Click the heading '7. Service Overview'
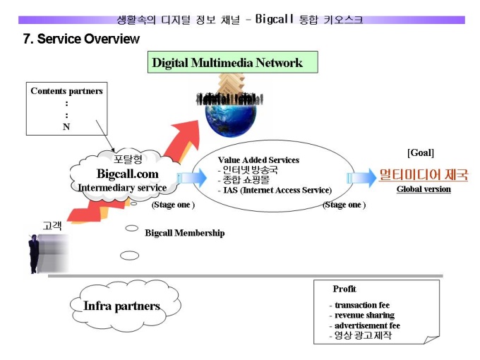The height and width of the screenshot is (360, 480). pos(82,39)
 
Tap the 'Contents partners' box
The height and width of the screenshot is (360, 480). pos(66,109)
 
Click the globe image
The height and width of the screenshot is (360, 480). pos(229,116)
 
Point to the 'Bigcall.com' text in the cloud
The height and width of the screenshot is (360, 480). pos(128,174)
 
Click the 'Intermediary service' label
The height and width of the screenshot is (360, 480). pos(122,188)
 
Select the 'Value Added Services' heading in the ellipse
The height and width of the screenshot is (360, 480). pos(258,160)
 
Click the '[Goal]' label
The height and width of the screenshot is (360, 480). pos(421,152)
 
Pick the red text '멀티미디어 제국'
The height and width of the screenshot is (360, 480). pos(424,174)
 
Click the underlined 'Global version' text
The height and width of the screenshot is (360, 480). pos(424,189)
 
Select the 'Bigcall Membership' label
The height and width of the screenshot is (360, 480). pos(184,233)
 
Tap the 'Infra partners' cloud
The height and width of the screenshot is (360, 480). pos(122,306)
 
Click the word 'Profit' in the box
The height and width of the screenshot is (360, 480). pos(344,289)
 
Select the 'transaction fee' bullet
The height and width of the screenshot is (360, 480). pos(361,305)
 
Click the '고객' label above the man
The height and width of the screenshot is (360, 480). pos(52,226)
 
